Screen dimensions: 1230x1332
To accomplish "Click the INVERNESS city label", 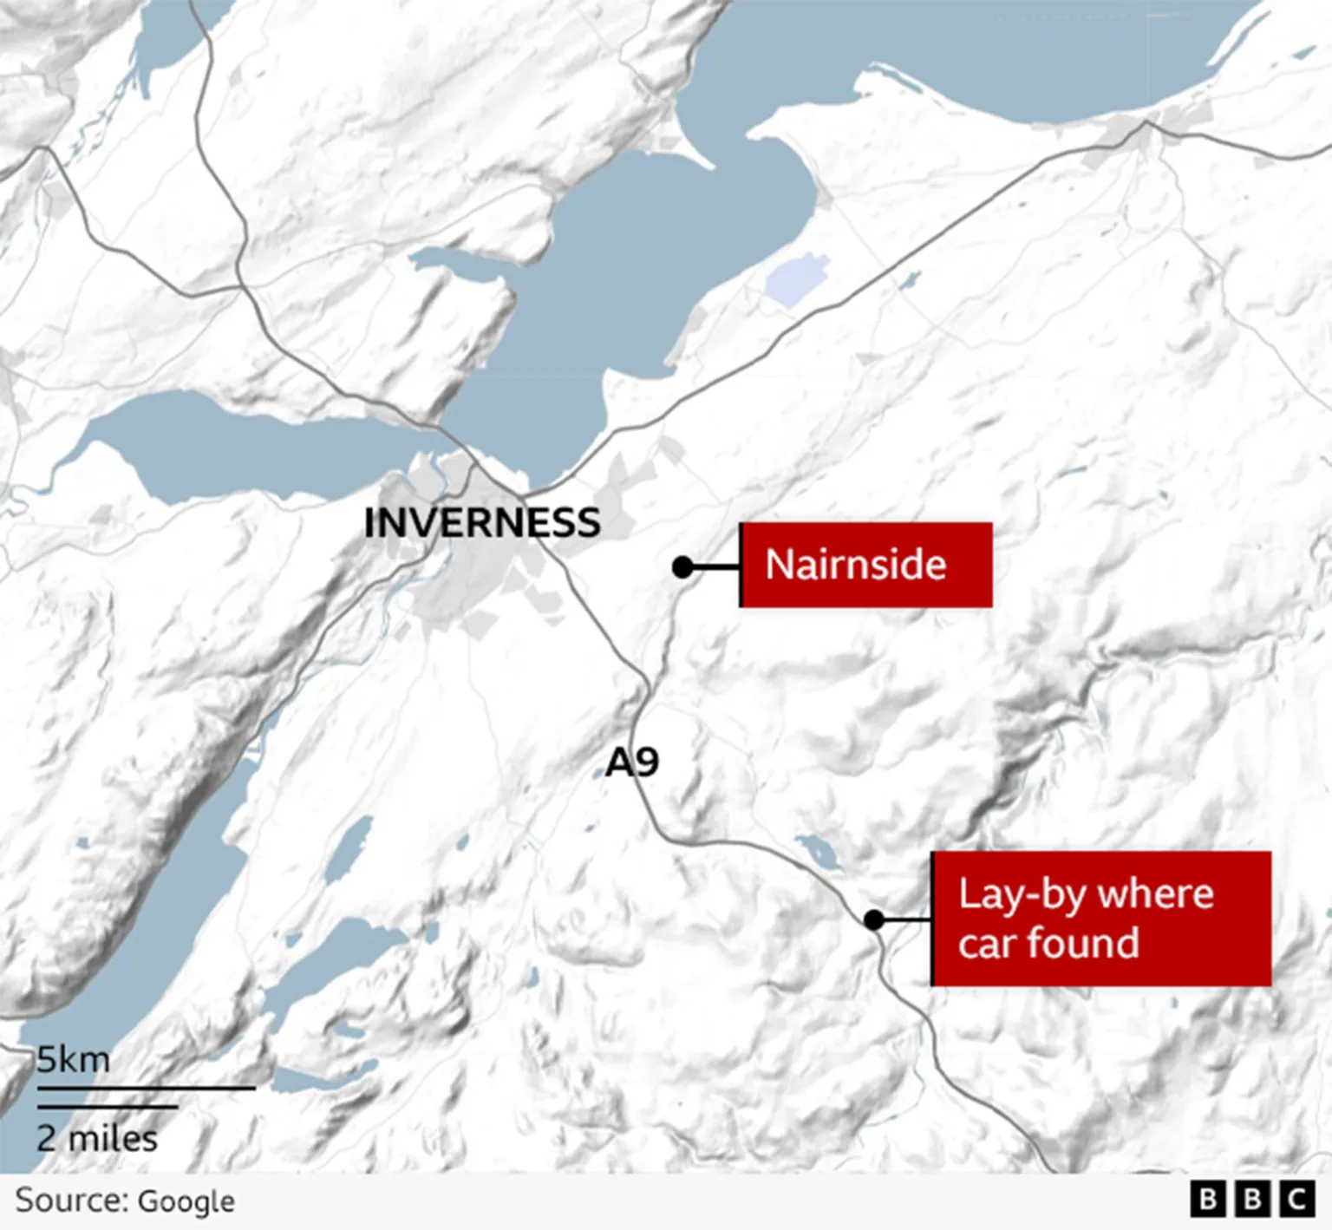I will click(482, 522).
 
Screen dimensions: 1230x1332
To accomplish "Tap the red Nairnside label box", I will click(865, 565).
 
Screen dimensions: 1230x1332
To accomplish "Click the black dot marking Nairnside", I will click(682, 567).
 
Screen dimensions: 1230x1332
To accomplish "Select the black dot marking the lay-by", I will click(873, 919).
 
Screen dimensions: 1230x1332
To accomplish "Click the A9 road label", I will click(631, 762).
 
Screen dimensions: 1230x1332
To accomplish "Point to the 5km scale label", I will click(74, 1059).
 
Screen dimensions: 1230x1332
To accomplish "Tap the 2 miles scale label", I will click(97, 1138).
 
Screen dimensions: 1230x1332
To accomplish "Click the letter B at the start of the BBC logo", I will click(1206, 1200).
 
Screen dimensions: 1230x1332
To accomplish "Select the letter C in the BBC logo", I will click(1296, 1200).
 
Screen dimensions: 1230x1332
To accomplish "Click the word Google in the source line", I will click(186, 1201).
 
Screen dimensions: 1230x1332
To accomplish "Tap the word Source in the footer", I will click(71, 1201).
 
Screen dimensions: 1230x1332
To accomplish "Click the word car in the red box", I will click(987, 944).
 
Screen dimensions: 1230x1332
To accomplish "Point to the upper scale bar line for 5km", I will click(146, 1087).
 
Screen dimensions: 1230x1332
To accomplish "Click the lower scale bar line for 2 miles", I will click(107, 1106).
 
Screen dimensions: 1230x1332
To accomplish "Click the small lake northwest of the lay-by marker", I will click(818, 852).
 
